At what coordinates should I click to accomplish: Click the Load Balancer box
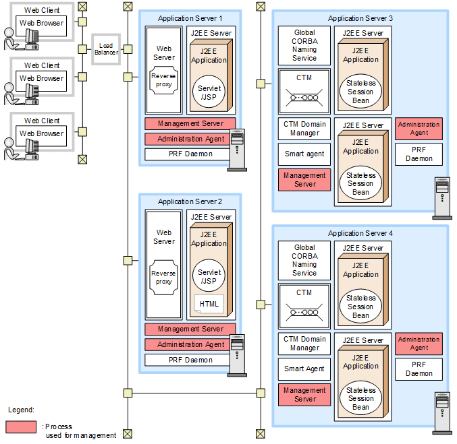pyautogui.click(x=105, y=49)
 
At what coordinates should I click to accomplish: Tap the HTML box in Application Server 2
pyautogui.click(x=209, y=304)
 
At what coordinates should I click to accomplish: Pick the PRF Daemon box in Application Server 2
pyautogui.click(x=190, y=360)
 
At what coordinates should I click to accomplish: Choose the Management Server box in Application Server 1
pyautogui.click(x=190, y=124)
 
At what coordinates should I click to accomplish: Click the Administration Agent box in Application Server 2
pyautogui.click(x=190, y=344)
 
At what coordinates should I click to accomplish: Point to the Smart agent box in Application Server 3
pyautogui.click(x=304, y=154)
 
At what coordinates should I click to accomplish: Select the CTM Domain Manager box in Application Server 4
pyautogui.click(x=304, y=344)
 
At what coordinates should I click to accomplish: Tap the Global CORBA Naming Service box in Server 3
pyautogui.click(x=304, y=46)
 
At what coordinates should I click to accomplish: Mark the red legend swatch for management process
pyautogui.click(x=21, y=427)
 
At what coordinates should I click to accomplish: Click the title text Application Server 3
pyautogui.click(x=360, y=18)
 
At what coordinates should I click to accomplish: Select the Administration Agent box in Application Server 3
pyautogui.click(x=419, y=129)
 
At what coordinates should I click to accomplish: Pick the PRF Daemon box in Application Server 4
pyautogui.click(x=419, y=369)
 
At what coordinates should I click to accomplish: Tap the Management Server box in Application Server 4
pyautogui.click(x=304, y=395)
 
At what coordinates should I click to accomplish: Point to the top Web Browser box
pyautogui.click(x=42, y=24)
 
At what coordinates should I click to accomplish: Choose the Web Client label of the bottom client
pyautogui.click(x=42, y=121)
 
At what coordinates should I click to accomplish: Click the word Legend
pyautogui.click(x=21, y=410)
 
